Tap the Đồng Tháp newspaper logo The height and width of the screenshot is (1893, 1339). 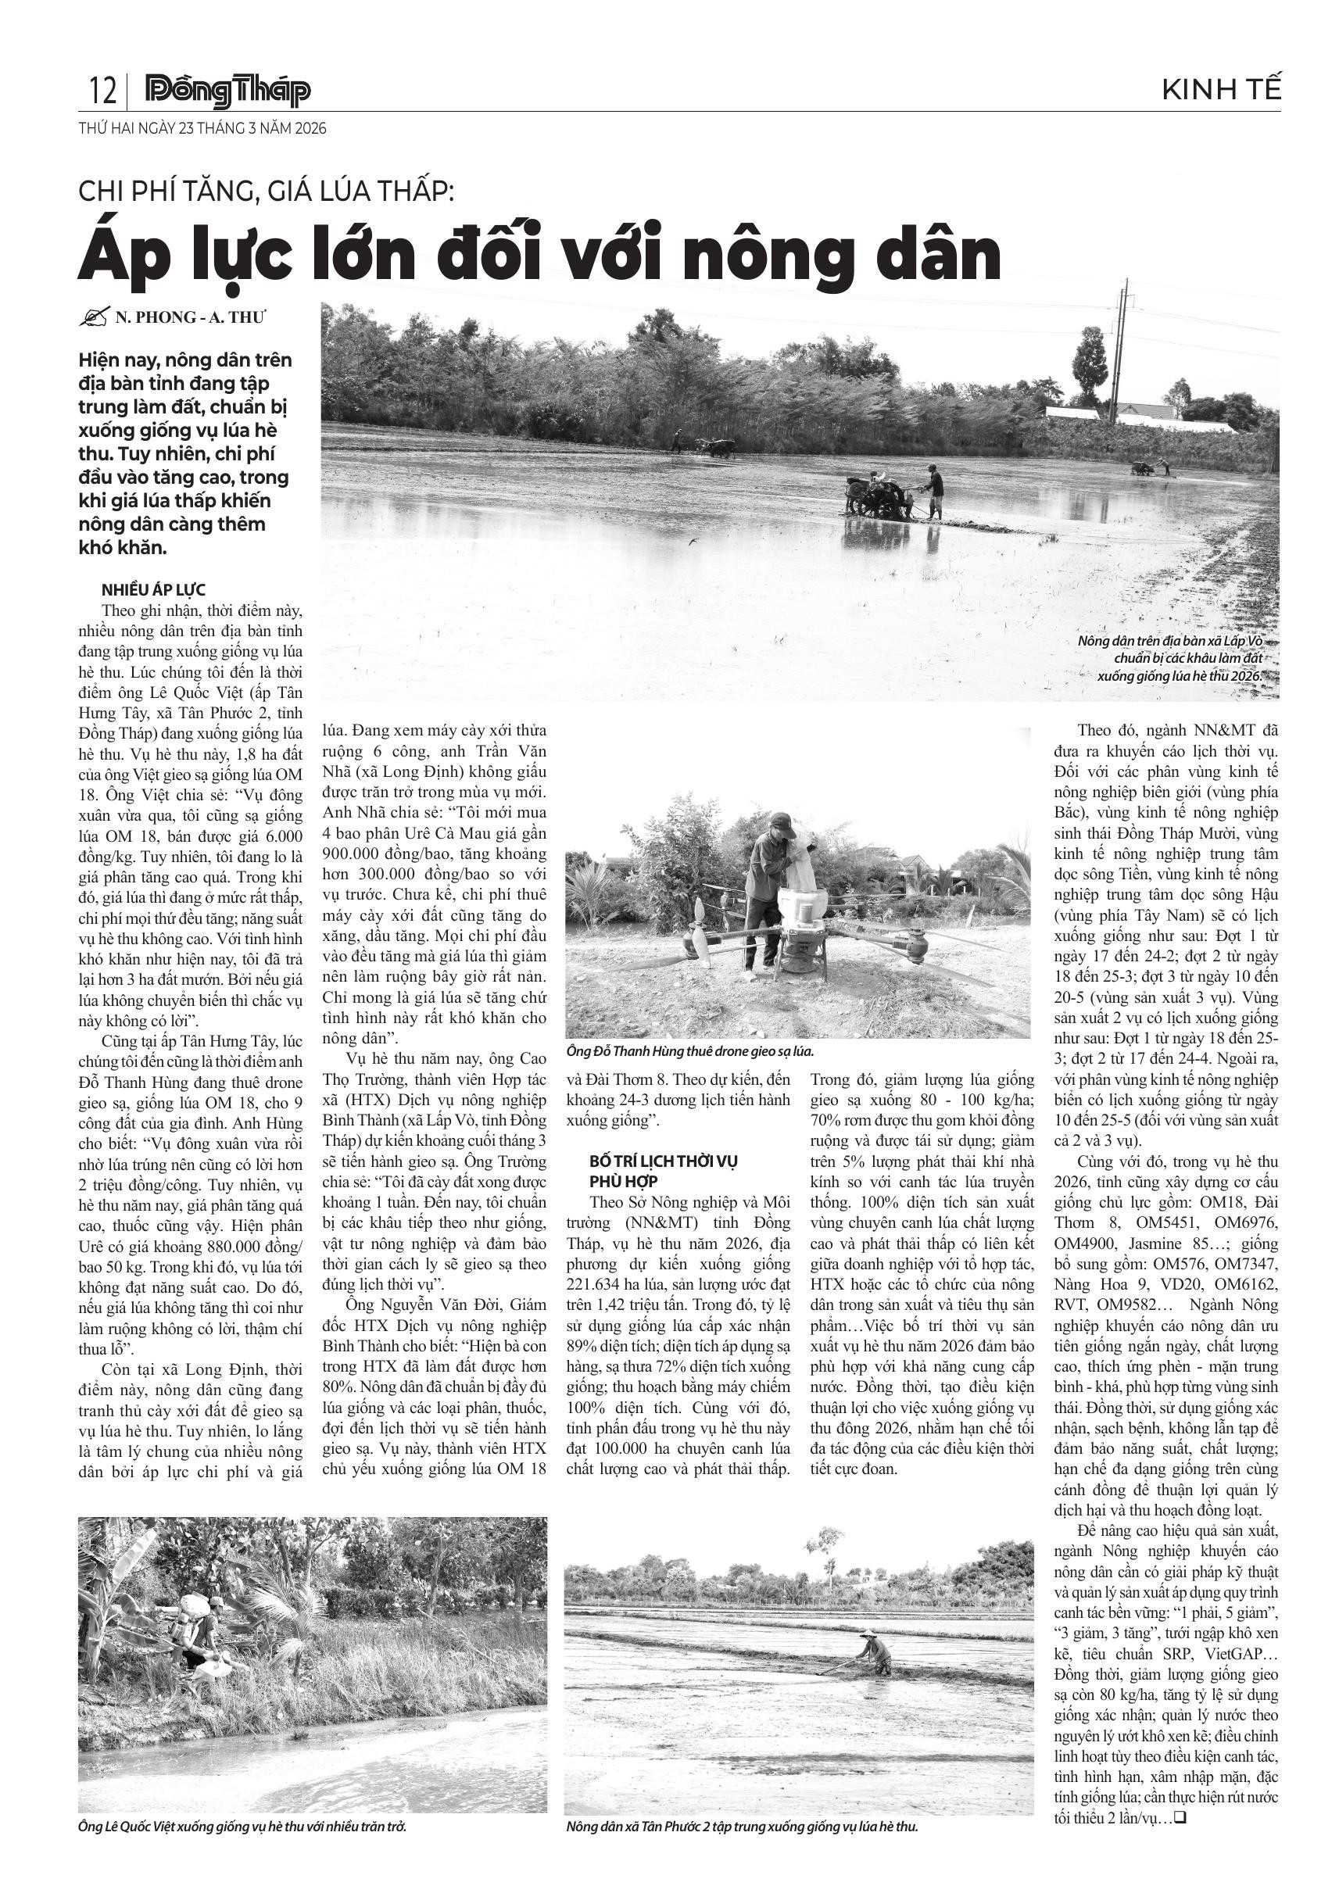point(227,91)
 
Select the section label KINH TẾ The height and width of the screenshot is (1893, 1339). point(1221,90)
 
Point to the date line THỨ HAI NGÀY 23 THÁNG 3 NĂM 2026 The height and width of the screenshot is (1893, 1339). point(202,129)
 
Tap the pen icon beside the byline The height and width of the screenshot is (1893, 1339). point(96,317)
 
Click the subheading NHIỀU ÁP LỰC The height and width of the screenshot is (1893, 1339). point(153,589)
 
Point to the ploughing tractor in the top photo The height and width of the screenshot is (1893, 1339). point(879,499)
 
